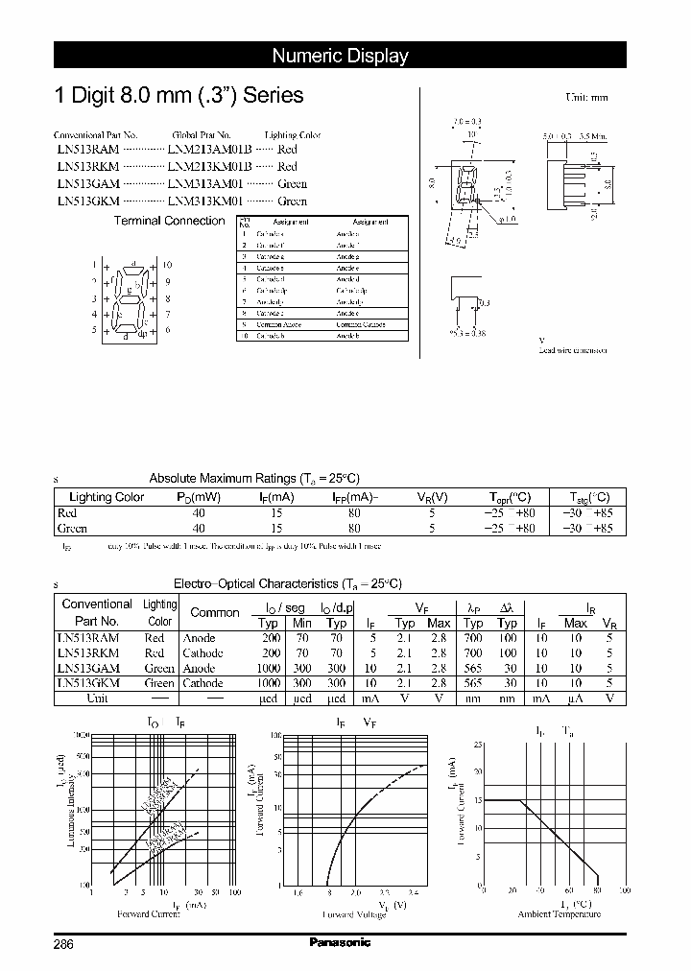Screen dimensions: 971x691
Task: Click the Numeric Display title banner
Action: point(340,56)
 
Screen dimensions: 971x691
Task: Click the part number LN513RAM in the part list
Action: point(87,150)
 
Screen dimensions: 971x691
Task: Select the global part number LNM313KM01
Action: point(205,201)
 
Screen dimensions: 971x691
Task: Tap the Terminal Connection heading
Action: point(169,221)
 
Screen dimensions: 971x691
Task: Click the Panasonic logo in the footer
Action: point(340,942)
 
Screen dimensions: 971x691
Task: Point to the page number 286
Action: point(64,943)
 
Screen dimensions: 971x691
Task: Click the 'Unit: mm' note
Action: point(585,98)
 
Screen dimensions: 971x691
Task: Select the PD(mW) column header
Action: point(199,497)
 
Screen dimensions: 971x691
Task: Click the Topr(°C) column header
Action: point(510,497)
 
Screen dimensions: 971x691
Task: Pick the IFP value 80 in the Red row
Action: point(354,513)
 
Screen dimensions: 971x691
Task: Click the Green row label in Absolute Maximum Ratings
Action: point(72,528)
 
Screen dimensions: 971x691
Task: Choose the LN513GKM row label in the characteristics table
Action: point(88,683)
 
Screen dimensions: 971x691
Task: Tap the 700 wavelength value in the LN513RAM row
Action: point(473,638)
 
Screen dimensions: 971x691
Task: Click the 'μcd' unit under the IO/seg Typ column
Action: point(270,699)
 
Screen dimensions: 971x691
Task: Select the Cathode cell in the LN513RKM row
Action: point(203,653)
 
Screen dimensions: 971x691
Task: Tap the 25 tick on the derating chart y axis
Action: point(479,745)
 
